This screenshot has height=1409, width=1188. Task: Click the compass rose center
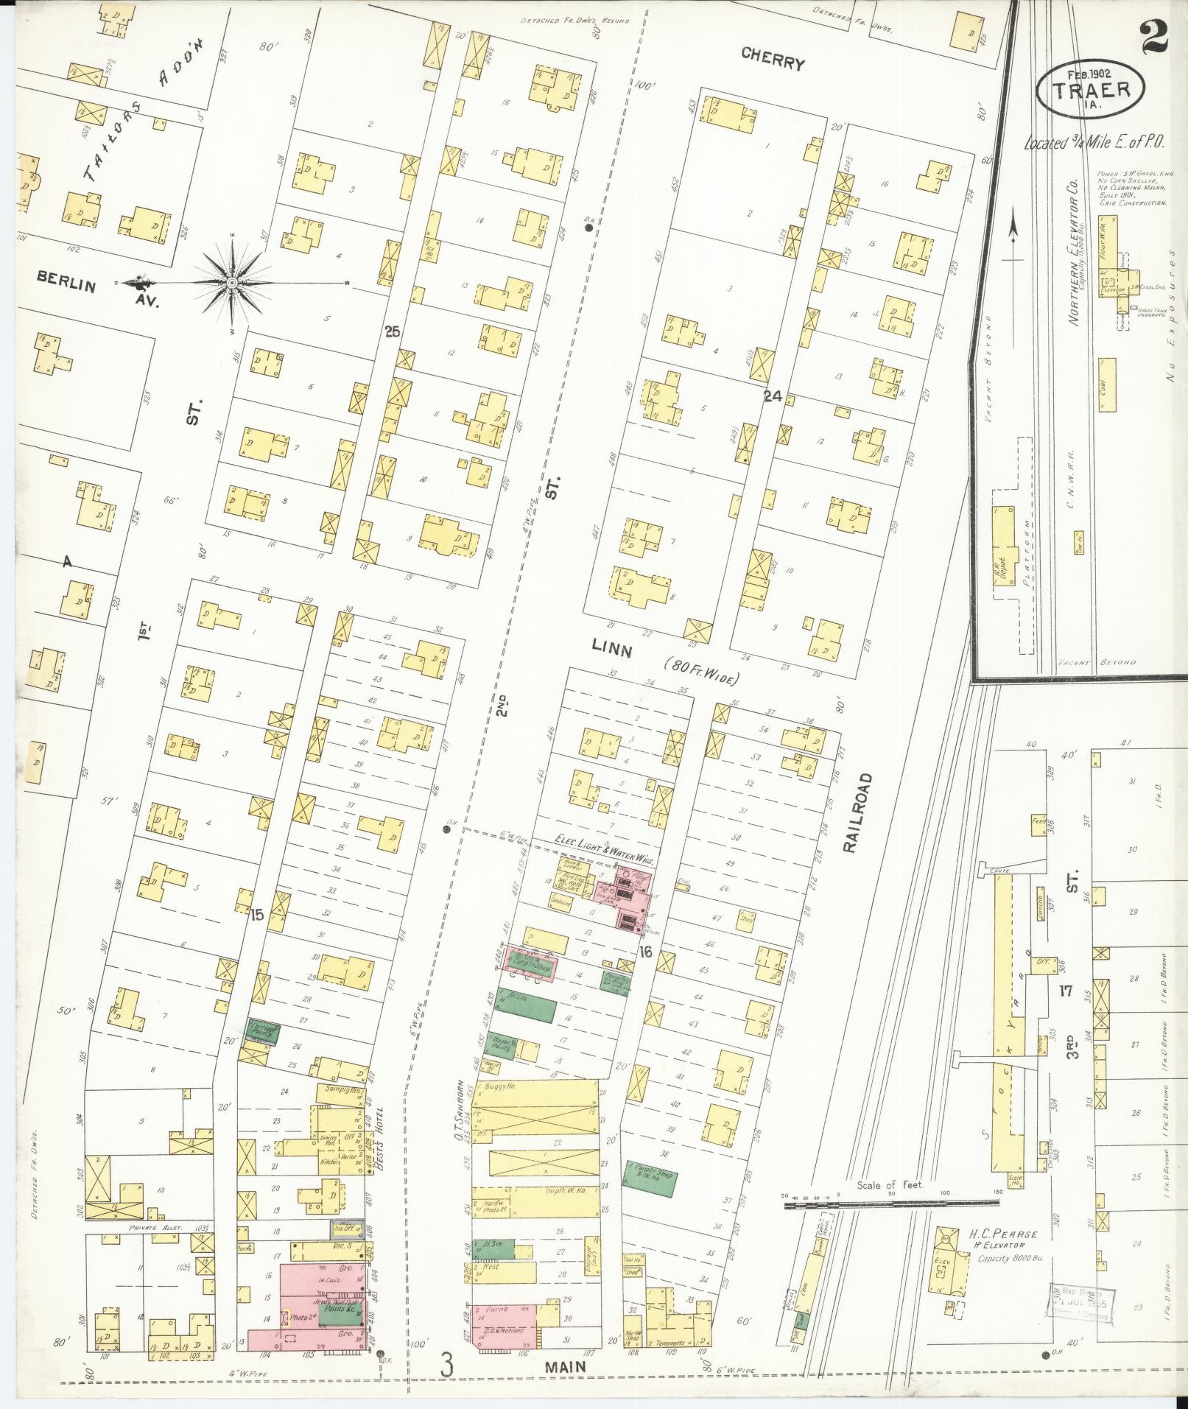[232, 283]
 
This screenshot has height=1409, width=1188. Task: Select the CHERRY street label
[773, 63]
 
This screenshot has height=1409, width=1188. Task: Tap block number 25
[392, 332]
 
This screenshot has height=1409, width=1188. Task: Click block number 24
[772, 397]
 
